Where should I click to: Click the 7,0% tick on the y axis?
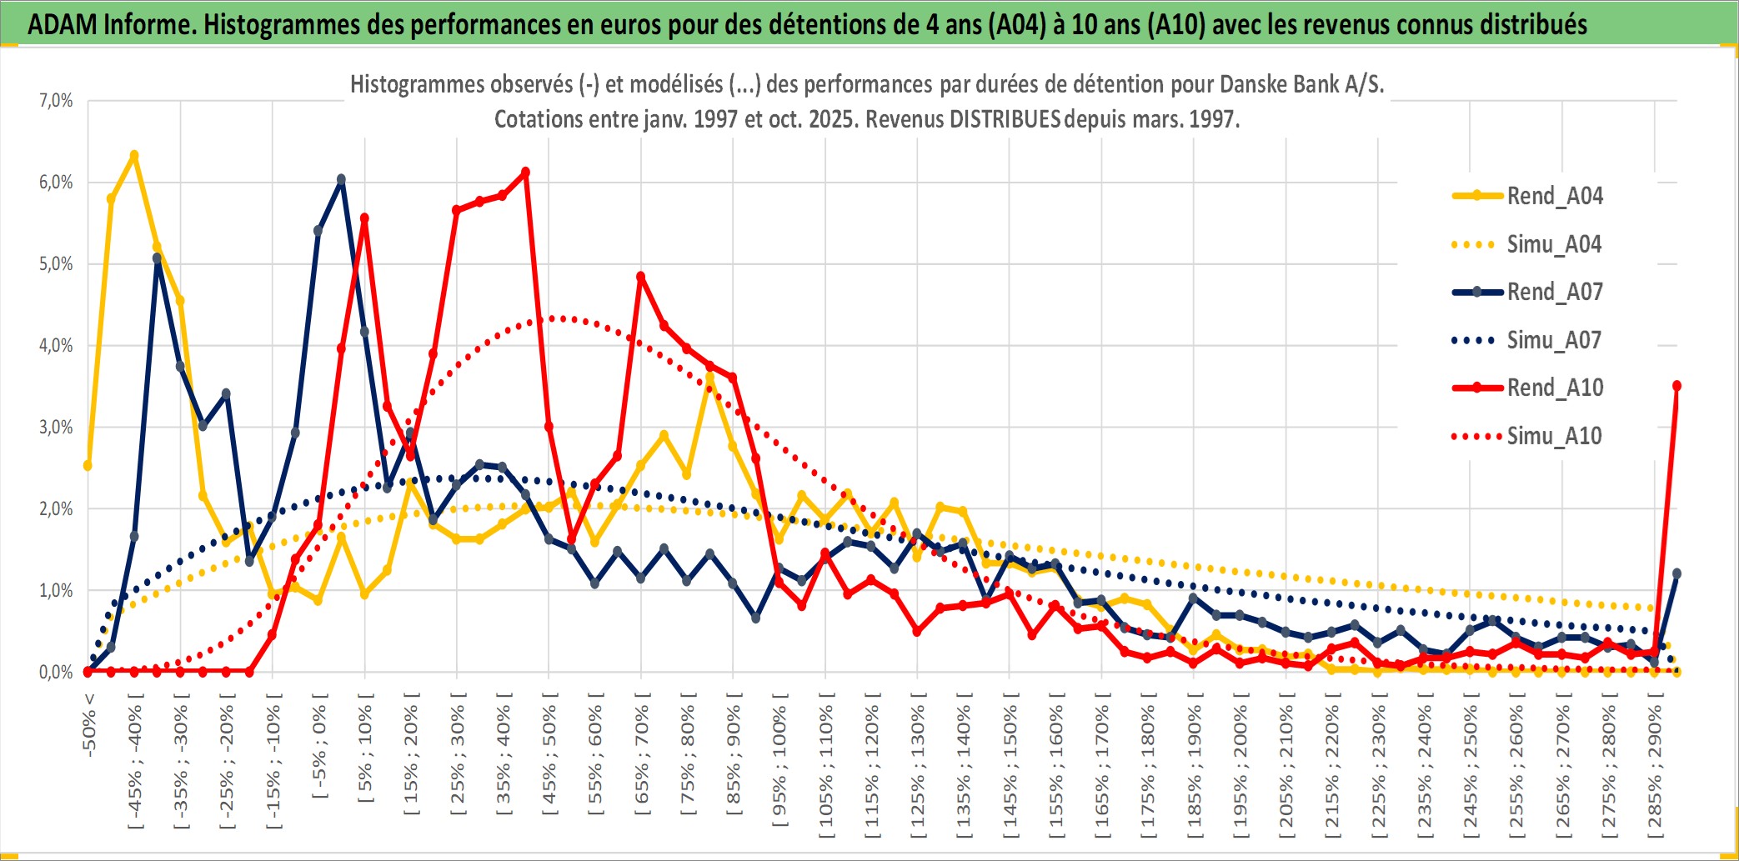pyautogui.click(x=56, y=101)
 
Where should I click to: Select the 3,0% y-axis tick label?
pyautogui.click(x=56, y=428)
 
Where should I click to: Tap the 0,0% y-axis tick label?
pyautogui.click(x=56, y=672)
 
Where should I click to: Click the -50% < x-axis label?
pyautogui.click(x=89, y=724)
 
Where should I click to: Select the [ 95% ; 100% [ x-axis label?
pyautogui.click(x=779, y=767)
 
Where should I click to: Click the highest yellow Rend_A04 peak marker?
pyautogui.click(x=133, y=156)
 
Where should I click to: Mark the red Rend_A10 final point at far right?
pyautogui.click(x=1676, y=386)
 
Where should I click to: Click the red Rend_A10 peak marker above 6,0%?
pyautogui.click(x=525, y=173)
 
